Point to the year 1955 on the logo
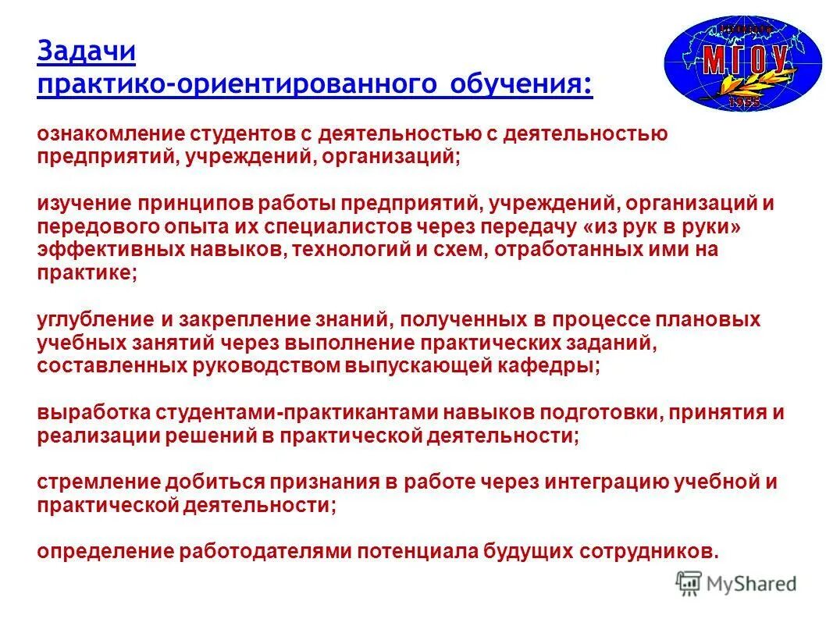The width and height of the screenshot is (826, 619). pos(744,101)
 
